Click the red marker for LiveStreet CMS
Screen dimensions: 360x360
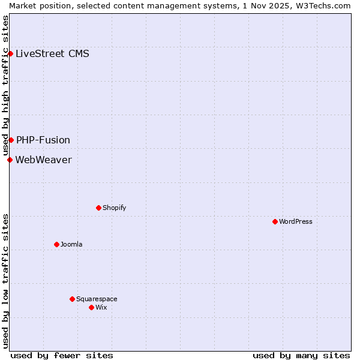pos(10,53)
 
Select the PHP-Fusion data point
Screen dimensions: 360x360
pos(11,140)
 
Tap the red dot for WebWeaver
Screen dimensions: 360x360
pos(10,160)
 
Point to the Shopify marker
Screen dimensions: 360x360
pos(98,208)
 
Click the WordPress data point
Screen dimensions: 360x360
pos(275,221)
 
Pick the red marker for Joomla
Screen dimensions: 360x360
pos(56,244)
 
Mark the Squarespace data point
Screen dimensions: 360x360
pos(72,299)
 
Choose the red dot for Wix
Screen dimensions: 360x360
pos(91,307)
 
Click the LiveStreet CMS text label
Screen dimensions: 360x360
pos(52,53)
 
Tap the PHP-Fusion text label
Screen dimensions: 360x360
pos(43,140)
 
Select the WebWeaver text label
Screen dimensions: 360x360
pos(43,160)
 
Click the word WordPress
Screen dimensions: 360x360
pos(295,221)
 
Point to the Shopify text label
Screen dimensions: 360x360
pos(114,208)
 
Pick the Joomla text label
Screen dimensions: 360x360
pos(71,244)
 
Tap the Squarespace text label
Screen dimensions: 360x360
pos(97,299)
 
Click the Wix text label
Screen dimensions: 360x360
pos(101,307)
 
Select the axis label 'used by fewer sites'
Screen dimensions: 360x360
pos(62,355)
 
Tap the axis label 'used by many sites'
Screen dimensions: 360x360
pos(301,355)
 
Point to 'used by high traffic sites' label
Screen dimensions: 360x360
pos(5,86)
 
